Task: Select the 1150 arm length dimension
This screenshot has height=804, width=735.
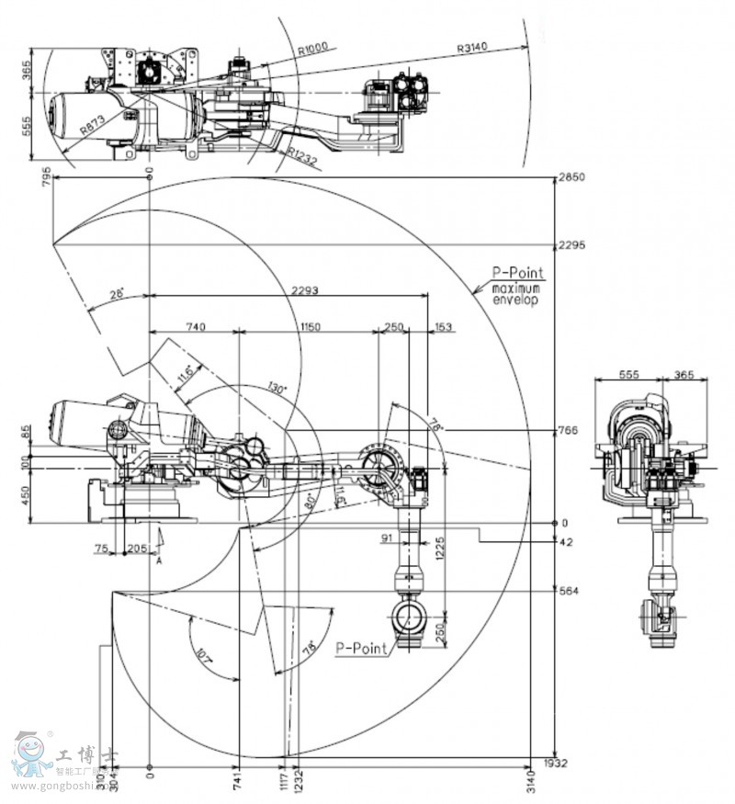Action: (311, 326)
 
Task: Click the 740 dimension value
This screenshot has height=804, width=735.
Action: (194, 326)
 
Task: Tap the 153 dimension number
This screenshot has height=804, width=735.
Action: (444, 326)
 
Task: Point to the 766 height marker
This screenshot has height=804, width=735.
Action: (568, 430)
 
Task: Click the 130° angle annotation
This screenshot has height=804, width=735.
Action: (277, 388)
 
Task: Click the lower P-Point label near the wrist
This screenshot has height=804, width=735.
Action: (361, 646)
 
